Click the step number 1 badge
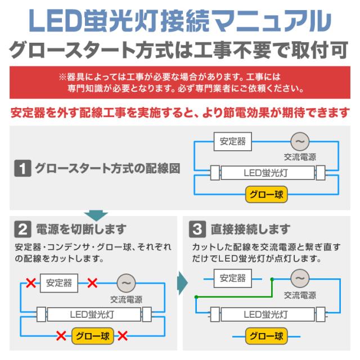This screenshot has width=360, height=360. [x=22, y=168]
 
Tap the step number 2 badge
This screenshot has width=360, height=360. [x=22, y=229]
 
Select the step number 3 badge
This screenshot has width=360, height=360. [x=197, y=229]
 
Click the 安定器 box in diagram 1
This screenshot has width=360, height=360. [x=232, y=141]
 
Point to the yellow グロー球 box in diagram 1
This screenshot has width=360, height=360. [x=266, y=195]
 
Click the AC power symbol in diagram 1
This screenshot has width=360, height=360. [x=300, y=142]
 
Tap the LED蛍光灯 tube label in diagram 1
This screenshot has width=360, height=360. [x=265, y=173]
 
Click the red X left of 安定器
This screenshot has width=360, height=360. [x=31, y=283]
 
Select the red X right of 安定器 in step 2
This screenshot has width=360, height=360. [x=92, y=283]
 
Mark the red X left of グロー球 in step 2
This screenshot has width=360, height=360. [x=61, y=336]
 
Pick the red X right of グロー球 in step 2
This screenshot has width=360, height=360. [x=123, y=336]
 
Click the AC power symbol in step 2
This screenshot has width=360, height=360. [x=126, y=283]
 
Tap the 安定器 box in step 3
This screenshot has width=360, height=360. [x=232, y=278]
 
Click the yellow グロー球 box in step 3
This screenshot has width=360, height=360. [x=266, y=336]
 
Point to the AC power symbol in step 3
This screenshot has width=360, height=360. [x=300, y=278]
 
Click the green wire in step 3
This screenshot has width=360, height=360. [x=234, y=297]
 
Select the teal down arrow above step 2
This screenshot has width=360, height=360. [x=96, y=215]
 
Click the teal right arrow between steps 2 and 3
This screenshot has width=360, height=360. [x=183, y=283]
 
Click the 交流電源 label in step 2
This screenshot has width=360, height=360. [x=126, y=299]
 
